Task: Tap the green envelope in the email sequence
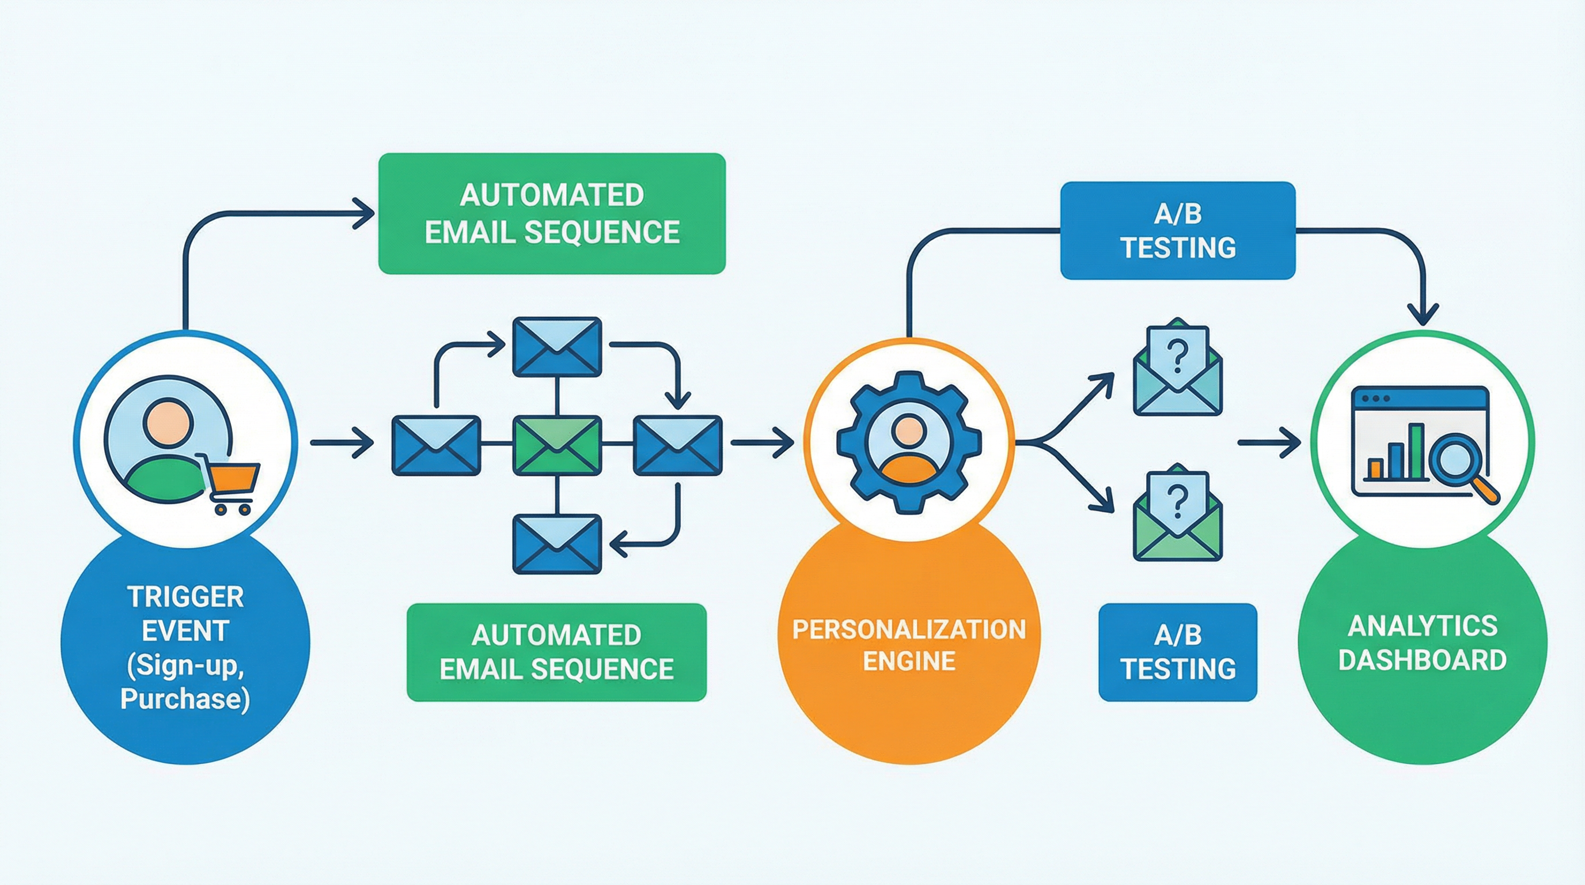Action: click(x=557, y=445)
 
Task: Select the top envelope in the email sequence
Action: click(x=557, y=346)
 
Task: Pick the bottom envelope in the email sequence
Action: click(x=557, y=544)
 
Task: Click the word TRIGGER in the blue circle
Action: click(x=185, y=597)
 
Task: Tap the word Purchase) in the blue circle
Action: click(x=185, y=699)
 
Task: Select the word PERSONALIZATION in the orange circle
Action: click(x=909, y=629)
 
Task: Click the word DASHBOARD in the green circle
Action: click(x=1422, y=660)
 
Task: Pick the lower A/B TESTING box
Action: click(x=1178, y=652)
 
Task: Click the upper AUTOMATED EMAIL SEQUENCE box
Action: click(x=552, y=214)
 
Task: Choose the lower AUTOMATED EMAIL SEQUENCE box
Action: click(x=557, y=652)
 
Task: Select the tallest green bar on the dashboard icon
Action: click(x=1416, y=451)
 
